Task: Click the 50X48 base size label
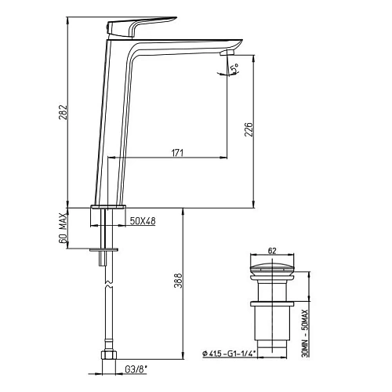coord(143,222)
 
